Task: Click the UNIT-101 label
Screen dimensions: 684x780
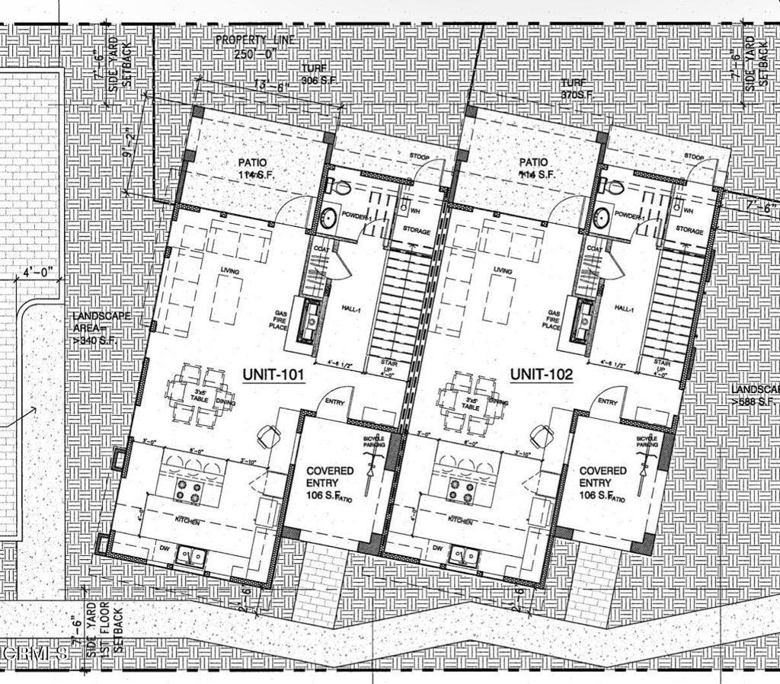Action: (x=273, y=375)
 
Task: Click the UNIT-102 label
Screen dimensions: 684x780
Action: (x=541, y=375)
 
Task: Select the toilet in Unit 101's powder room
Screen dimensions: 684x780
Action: (x=340, y=186)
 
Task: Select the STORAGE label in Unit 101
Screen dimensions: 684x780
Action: (x=416, y=232)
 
